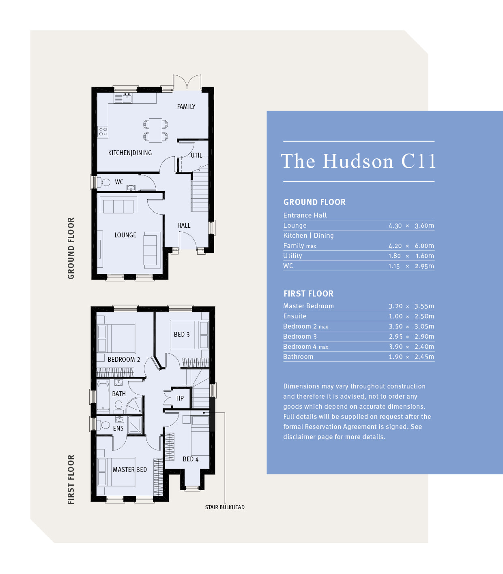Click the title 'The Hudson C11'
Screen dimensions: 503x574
(x=358, y=161)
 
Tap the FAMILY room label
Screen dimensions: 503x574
(x=186, y=107)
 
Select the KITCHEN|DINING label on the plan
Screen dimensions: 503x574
(x=130, y=153)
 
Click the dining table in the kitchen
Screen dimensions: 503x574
(x=156, y=130)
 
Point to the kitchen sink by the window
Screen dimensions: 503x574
(x=127, y=98)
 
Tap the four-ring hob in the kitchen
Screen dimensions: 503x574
(x=103, y=132)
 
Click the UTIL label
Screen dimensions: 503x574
(x=196, y=156)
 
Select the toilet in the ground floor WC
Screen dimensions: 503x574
(x=104, y=182)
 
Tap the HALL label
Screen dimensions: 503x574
(x=184, y=225)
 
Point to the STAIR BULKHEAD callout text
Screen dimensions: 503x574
(x=225, y=507)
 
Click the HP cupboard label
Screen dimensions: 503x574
(x=180, y=398)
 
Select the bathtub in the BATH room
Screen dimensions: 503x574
(x=103, y=396)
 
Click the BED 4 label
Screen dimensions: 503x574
(x=191, y=459)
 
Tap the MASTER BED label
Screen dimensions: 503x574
(x=130, y=469)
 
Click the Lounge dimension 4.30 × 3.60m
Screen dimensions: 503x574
(x=411, y=226)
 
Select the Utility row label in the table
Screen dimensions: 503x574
(x=292, y=256)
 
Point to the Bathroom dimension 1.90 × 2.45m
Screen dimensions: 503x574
(x=411, y=357)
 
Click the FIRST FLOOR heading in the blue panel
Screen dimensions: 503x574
(x=308, y=294)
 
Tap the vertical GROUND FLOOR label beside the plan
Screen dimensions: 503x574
(x=71, y=248)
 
